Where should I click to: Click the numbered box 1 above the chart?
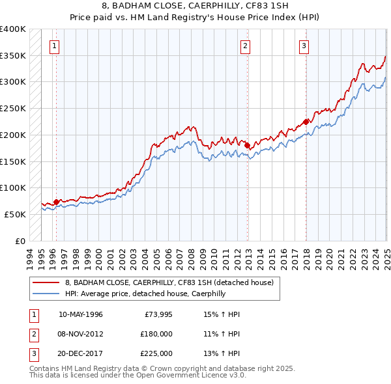click(53, 46)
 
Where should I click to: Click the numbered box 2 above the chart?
click(245, 46)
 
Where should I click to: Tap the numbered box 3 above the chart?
click(304, 46)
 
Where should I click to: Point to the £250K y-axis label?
click(13, 108)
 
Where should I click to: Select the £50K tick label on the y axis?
click(16, 214)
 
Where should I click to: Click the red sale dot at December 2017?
click(306, 122)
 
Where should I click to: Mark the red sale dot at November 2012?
click(248, 145)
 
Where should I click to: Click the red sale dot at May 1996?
click(56, 202)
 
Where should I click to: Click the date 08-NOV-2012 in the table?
click(80, 333)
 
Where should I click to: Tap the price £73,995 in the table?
click(156, 314)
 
